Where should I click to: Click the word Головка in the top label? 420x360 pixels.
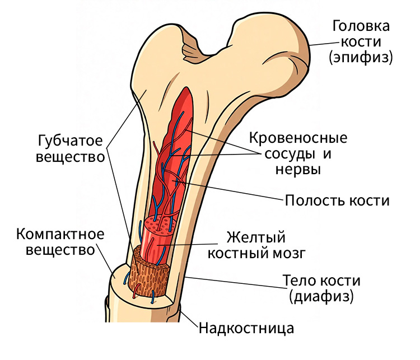[x=361, y=26]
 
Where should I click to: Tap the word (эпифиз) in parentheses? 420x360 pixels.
[x=361, y=57]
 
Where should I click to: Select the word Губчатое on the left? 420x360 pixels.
[x=70, y=141]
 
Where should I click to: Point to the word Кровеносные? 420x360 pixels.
[x=298, y=138]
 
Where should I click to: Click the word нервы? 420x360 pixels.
[x=298, y=170]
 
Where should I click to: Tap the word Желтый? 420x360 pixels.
[x=256, y=237]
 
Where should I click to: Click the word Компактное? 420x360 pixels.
[x=60, y=234]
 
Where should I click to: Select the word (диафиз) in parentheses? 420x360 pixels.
[x=321, y=296]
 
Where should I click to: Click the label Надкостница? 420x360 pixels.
[x=246, y=328]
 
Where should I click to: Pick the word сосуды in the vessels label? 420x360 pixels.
[x=290, y=155]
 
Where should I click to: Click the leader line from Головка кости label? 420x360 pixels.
[x=322, y=44]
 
